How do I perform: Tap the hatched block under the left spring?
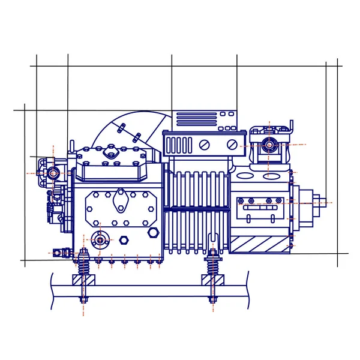pyautogui.click(x=83, y=280)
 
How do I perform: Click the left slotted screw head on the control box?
pyautogui.click(x=205, y=145)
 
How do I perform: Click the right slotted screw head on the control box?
pyautogui.click(x=232, y=145)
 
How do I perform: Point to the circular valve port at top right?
pyautogui.click(x=269, y=145)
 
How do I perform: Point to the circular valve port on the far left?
pyautogui.click(x=53, y=173)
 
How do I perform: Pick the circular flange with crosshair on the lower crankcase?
pyautogui.click(x=100, y=240)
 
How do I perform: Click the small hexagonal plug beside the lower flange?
pyautogui.click(x=124, y=240)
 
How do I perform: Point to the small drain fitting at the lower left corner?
pyautogui.click(x=58, y=253)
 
